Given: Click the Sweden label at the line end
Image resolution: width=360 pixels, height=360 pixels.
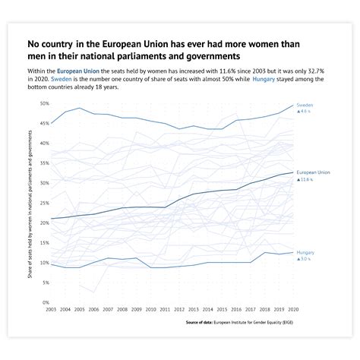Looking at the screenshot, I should tap(304, 104).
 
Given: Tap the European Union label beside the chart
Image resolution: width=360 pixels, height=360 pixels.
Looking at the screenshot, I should tap(313, 172).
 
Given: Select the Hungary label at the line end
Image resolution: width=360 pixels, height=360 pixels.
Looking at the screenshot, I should tap(305, 251).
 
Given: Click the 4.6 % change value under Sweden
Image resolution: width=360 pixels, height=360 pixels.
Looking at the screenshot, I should tap(306, 112).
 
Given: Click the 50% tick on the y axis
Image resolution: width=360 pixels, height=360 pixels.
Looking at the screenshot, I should tap(44, 103).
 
